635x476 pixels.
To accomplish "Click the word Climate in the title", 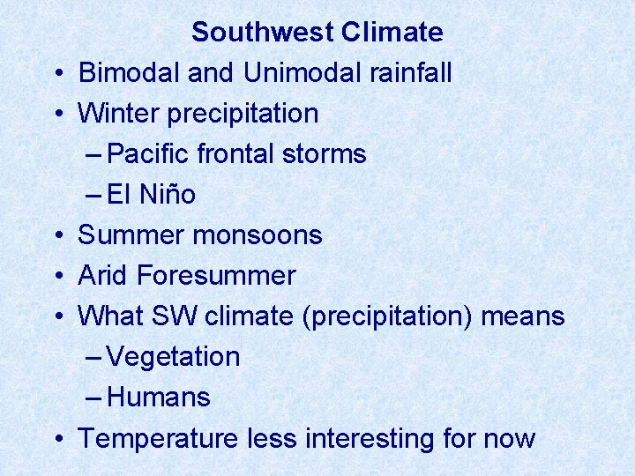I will (392, 33).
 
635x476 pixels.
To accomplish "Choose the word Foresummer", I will (216, 276).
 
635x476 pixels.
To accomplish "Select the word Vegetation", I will (174, 357).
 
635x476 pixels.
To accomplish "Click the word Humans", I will (159, 398).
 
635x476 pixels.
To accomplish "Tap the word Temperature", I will (157, 438).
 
